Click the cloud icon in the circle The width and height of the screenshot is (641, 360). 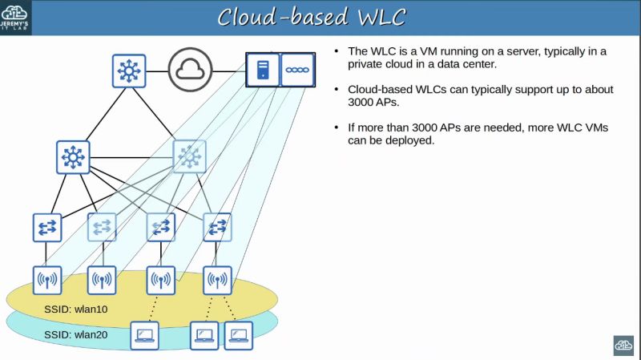191,70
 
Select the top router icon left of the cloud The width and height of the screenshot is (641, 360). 128,71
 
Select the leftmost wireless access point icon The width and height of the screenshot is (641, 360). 46,281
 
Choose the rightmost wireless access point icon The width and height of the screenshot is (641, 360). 216,281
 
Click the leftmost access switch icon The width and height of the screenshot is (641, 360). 46,227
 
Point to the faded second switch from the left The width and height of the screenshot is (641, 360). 102,227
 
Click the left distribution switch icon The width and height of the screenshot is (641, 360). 73,157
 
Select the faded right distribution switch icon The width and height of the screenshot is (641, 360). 190,157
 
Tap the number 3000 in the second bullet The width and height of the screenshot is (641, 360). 366,103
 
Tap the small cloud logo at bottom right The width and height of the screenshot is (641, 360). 623,345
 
